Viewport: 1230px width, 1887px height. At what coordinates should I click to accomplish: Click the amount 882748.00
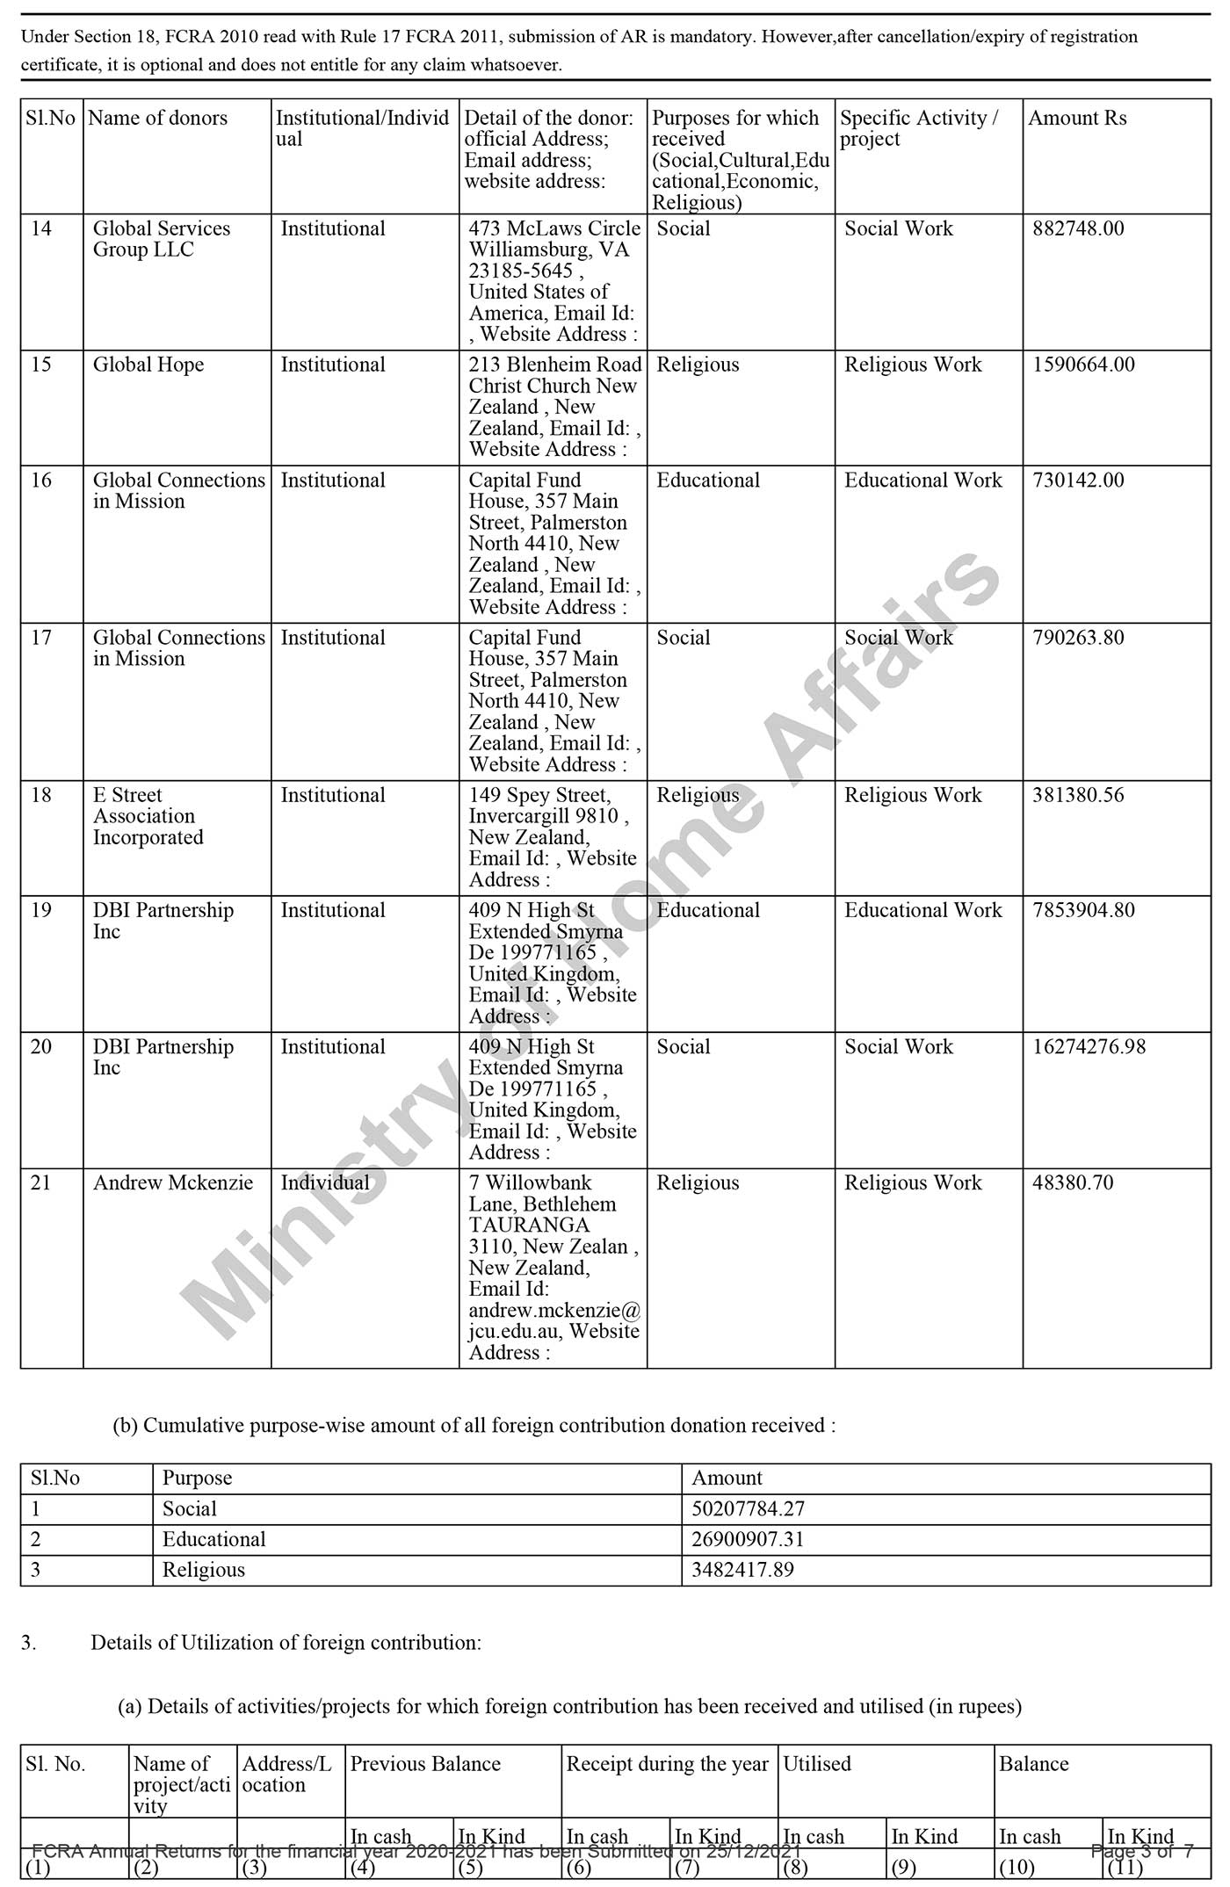click(x=1078, y=228)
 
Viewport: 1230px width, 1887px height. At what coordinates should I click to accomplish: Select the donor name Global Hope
click(x=148, y=365)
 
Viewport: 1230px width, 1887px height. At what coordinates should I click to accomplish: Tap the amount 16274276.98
click(x=1089, y=1046)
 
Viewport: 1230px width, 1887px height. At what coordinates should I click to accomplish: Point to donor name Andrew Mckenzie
click(x=172, y=1182)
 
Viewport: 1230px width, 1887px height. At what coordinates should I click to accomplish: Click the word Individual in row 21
click(x=325, y=1182)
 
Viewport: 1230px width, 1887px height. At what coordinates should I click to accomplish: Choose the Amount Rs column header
click(x=1077, y=118)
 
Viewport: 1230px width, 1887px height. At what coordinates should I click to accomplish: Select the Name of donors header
click(x=157, y=118)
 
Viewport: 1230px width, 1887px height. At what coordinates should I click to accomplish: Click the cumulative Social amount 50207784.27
click(x=748, y=1508)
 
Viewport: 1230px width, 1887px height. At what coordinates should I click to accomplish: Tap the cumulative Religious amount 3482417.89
click(x=742, y=1569)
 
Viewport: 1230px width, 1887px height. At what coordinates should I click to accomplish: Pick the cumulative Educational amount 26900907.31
click(x=748, y=1539)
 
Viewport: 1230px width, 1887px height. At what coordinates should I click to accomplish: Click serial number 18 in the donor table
click(x=41, y=795)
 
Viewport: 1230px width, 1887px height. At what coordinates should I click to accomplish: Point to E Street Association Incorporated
click(x=148, y=816)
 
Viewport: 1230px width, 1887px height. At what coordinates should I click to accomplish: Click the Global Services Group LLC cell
click(x=162, y=239)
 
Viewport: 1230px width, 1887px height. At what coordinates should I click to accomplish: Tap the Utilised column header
click(x=817, y=1763)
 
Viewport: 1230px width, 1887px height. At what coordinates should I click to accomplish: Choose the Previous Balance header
click(x=425, y=1763)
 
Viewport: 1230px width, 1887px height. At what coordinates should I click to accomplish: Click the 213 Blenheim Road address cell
click(x=554, y=407)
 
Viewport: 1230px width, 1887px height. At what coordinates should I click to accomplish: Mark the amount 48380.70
click(x=1073, y=1182)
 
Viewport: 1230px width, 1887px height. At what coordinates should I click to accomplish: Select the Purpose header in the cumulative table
click(x=197, y=1478)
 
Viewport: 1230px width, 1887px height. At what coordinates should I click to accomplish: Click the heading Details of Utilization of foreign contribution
click(x=286, y=1642)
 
